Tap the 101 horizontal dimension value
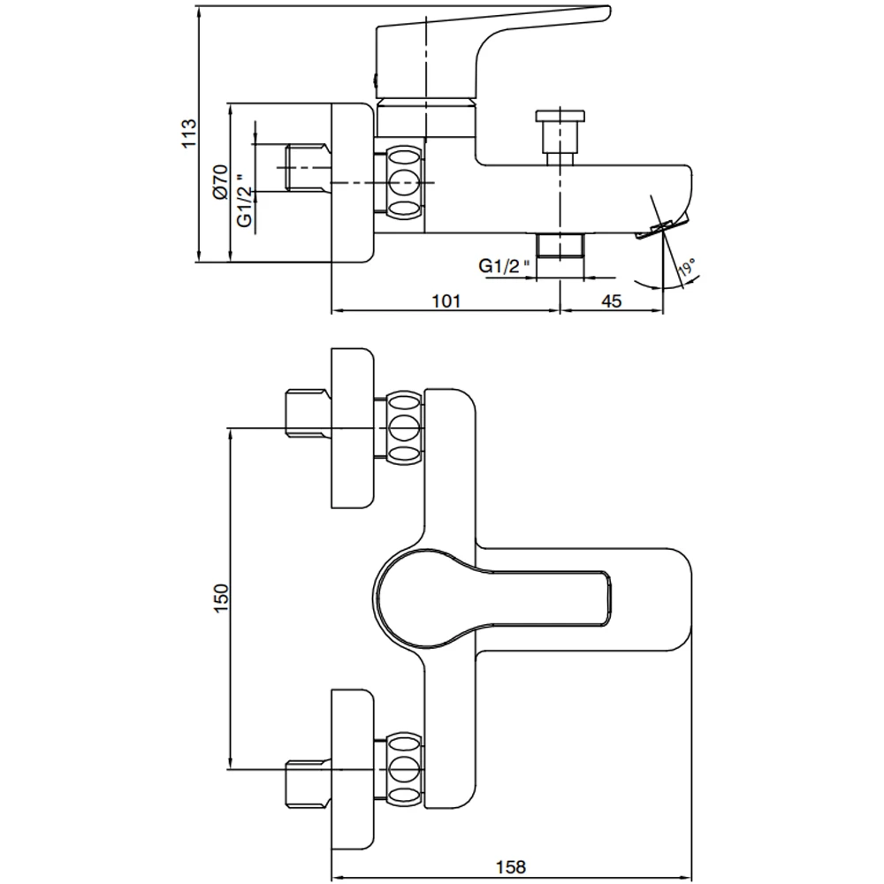click(446, 301)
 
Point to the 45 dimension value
click(612, 301)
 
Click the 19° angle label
click(687, 268)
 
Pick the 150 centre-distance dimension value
click(221, 598)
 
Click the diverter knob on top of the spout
click(560, 133)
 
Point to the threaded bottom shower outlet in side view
click(560, 246)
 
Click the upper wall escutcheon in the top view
click(353, 428)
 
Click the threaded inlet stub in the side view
click(306, 168)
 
